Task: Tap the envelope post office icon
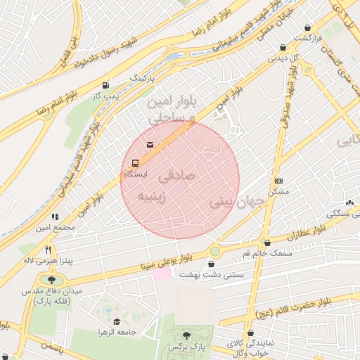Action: pos(149,145)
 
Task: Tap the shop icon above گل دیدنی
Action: pos(283,48)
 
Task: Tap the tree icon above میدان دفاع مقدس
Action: pos(51,279)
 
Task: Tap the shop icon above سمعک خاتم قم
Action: pos(266,242)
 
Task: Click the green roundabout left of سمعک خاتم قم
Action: pos(214,251)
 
